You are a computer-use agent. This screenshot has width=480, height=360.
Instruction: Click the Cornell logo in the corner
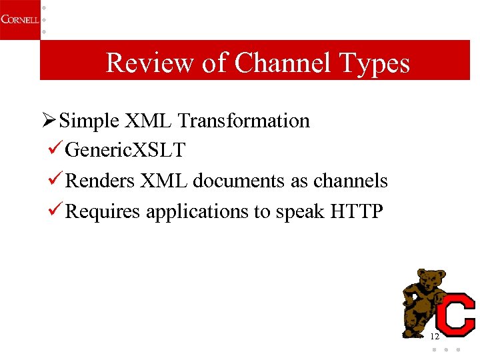coord(19,19)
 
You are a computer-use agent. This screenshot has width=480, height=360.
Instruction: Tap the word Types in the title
coord(375,63)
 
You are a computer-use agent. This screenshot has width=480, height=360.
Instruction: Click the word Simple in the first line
coord(89,121)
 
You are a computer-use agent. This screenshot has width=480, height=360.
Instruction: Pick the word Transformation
coord(244,121)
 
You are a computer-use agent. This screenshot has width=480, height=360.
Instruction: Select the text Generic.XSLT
coord(125,151)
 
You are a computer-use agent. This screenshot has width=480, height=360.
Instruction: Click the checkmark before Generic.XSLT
coord(57,150)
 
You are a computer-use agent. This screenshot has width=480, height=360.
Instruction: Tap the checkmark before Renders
coord(57,181)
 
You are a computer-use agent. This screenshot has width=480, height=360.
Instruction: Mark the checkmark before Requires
coord(57,211)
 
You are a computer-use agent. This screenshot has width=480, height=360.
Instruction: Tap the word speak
coord(297,212)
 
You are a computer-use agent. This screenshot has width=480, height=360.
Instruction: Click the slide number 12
coord(435,336)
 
